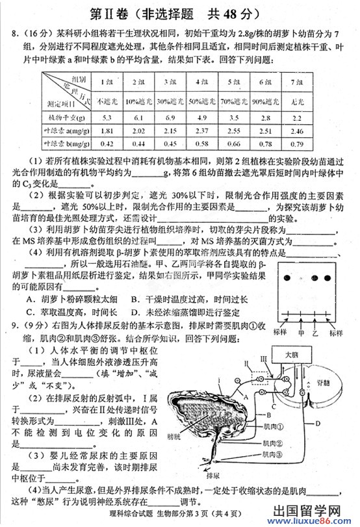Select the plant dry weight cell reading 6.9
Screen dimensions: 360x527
click(171, 118)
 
